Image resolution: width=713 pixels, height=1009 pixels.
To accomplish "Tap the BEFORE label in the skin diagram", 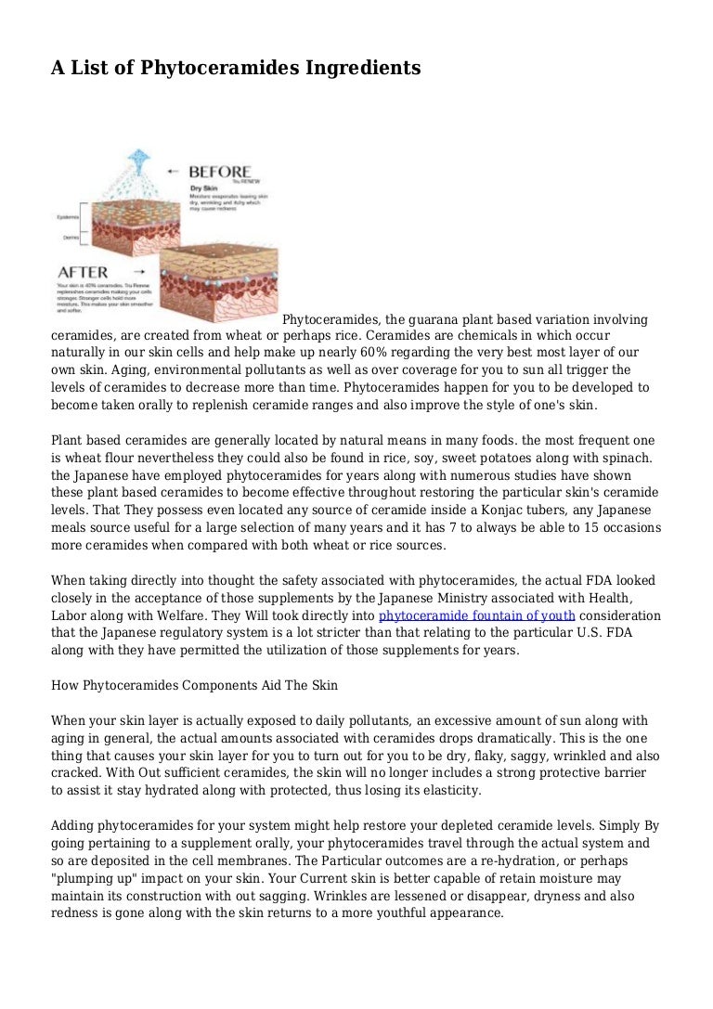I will point(220,172).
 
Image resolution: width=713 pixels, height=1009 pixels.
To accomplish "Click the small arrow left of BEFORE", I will point(175,172).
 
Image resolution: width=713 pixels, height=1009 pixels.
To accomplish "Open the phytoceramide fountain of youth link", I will point(477,615).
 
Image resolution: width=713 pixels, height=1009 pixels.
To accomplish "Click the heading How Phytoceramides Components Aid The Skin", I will point(194,686).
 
